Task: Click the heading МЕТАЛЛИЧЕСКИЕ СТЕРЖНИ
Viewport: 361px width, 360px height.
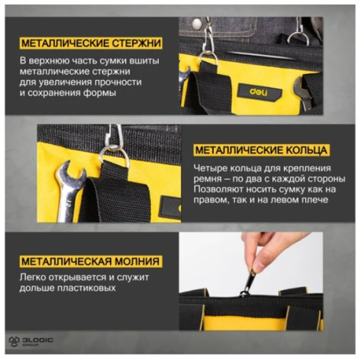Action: [91, 43]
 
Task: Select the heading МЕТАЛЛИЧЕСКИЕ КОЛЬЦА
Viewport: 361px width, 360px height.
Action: [261, 150]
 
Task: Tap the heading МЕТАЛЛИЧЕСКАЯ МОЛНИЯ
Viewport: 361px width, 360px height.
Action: [91, 262]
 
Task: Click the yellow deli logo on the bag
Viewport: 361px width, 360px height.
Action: [258, 92]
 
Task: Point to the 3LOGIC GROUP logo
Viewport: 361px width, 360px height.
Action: [31, 342]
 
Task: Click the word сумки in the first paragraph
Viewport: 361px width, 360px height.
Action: [114, 61]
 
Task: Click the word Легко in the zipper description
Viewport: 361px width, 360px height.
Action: [33, 277]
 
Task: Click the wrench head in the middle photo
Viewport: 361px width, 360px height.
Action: [71, 176]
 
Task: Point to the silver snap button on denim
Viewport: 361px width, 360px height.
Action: [197, 24]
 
